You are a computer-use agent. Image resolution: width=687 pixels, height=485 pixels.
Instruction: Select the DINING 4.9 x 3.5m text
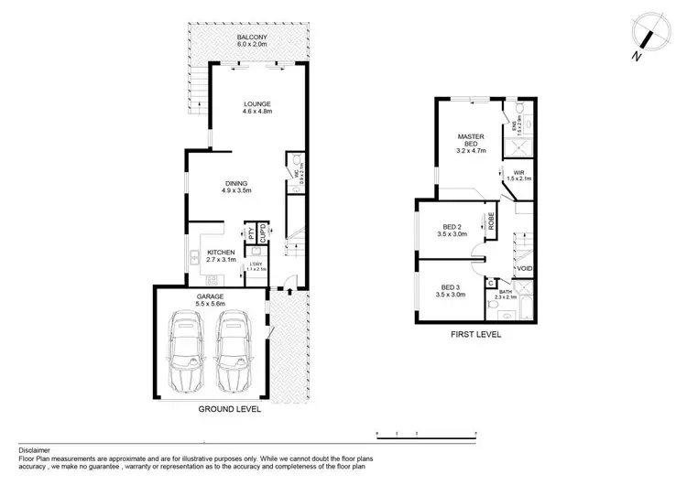click(x=235, y=186)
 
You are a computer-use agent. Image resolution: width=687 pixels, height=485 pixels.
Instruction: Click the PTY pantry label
click(x=248, y=233)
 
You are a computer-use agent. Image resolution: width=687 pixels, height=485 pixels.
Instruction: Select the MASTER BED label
click(x=471, y=141)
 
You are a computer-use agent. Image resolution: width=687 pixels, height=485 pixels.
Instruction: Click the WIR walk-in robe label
click(x=518, y=174)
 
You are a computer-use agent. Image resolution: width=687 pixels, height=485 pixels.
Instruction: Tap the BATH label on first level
click(x=506, y=293)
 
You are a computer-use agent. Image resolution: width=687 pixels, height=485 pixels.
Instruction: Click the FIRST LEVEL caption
click(x=475, y=336)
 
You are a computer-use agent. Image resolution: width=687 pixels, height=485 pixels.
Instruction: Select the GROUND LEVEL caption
click(x=230, y=411)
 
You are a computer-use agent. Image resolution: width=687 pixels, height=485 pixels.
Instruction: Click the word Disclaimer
click(x=34, y=451)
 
